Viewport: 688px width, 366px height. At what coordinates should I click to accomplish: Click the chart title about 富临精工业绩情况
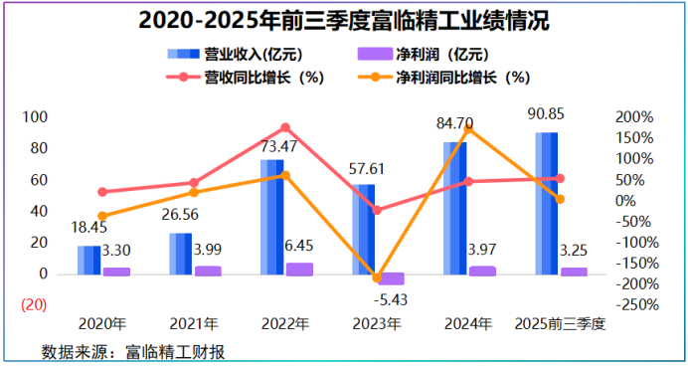coord(344,21)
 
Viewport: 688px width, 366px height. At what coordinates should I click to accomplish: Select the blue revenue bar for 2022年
coord(272,217)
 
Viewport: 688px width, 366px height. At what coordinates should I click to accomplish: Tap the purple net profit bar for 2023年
coord(391,278)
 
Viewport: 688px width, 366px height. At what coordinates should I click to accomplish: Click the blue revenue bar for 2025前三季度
coord(546,204)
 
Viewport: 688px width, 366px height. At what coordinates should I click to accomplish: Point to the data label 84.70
coord(454,123)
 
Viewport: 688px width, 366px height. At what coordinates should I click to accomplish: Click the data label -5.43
coord(391,299)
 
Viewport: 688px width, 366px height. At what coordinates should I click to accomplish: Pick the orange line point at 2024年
coord(468,128)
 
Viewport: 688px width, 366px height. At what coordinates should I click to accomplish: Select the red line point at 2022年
coord(285,127)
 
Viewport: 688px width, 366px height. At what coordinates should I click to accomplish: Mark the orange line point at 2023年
coord(377,277)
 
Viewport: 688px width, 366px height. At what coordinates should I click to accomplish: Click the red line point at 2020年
coord(102,192)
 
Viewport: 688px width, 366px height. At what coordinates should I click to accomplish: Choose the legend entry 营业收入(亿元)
coord(236,55)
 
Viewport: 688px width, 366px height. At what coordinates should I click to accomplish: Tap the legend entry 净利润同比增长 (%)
coord(444,78)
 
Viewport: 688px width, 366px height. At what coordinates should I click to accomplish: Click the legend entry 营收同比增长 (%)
coord(246,78)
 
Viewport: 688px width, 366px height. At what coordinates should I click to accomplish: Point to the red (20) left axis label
coord(34,304)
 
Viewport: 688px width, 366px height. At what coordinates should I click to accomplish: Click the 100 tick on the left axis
coord(35,117)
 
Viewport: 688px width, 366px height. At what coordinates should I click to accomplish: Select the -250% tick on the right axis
coord(637,304)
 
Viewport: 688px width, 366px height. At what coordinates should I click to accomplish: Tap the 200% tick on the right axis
coord(634,117)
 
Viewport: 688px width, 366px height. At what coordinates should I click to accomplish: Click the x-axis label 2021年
coord(194,324)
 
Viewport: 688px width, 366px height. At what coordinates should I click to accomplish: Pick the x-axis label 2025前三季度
coord(560,324)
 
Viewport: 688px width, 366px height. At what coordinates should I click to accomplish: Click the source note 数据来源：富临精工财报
coord(133,352)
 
